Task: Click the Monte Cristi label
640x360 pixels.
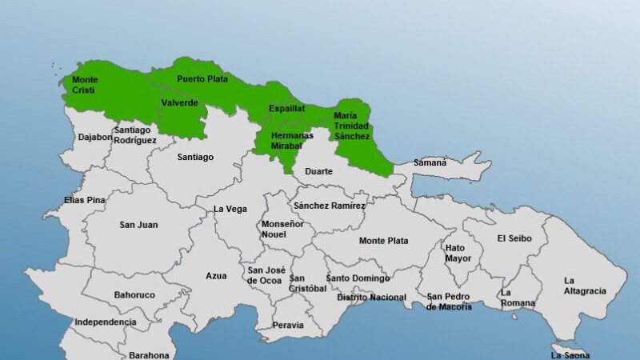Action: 86,85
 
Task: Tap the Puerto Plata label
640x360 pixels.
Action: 202,79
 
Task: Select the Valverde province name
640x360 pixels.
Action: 179,103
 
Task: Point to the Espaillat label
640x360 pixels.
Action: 286,107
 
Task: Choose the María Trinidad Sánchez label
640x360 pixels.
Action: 352,126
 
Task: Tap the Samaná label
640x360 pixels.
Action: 430,162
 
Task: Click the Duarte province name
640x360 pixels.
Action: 318,171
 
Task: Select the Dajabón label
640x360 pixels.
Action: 95,137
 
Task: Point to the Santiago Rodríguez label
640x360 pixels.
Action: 134,134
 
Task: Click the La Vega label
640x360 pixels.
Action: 230,209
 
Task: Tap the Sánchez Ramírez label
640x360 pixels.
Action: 329,206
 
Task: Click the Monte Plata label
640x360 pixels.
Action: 383,241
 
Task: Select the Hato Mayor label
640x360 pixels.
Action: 458,253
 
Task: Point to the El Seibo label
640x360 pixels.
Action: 513,238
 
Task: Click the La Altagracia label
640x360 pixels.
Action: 585,286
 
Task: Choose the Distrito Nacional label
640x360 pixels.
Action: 371,298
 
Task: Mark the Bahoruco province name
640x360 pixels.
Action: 134,295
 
